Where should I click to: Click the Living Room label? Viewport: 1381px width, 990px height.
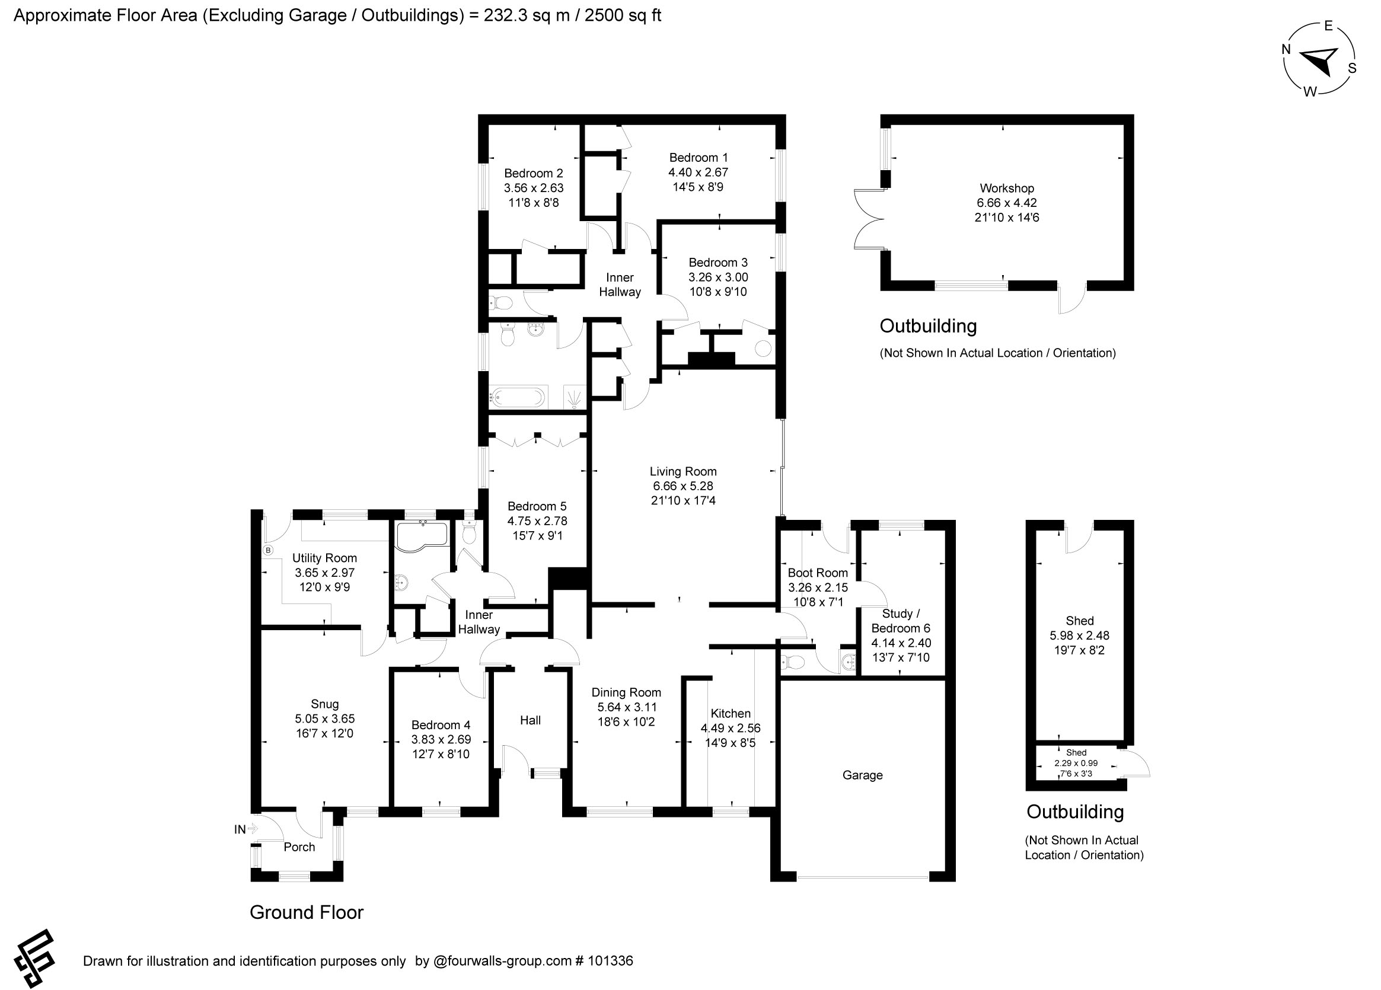(x=682, y=471)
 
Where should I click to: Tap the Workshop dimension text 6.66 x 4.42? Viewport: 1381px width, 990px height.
(x=1006, y=203)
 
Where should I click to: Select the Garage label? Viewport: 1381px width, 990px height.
(x=862, y=775)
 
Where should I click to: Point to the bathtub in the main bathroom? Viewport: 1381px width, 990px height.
(x=518, y=398)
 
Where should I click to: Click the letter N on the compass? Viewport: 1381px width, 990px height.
(x=1286, y=50)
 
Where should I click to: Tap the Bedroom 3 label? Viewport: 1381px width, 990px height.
(x=718, y=263)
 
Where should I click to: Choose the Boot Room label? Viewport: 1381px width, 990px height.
(x=817, y=572)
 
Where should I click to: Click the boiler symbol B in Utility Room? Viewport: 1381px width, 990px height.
(x=268, y=550)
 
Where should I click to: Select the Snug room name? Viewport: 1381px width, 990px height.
(x=324, y=704)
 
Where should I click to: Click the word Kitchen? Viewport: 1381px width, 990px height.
(x=730, y=713)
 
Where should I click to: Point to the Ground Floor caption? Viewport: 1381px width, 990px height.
(x=307, y=912)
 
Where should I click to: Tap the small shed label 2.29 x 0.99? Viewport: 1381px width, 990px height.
(x=1076, y=763)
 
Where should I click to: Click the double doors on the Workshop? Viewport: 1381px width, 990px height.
(x=867, y=219)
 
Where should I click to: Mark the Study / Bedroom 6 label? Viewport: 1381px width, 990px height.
(x=901, y=621)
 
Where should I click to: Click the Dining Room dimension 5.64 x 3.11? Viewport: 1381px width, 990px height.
(x=627, y=707)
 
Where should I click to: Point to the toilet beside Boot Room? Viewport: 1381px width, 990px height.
(x=792, y=662)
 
